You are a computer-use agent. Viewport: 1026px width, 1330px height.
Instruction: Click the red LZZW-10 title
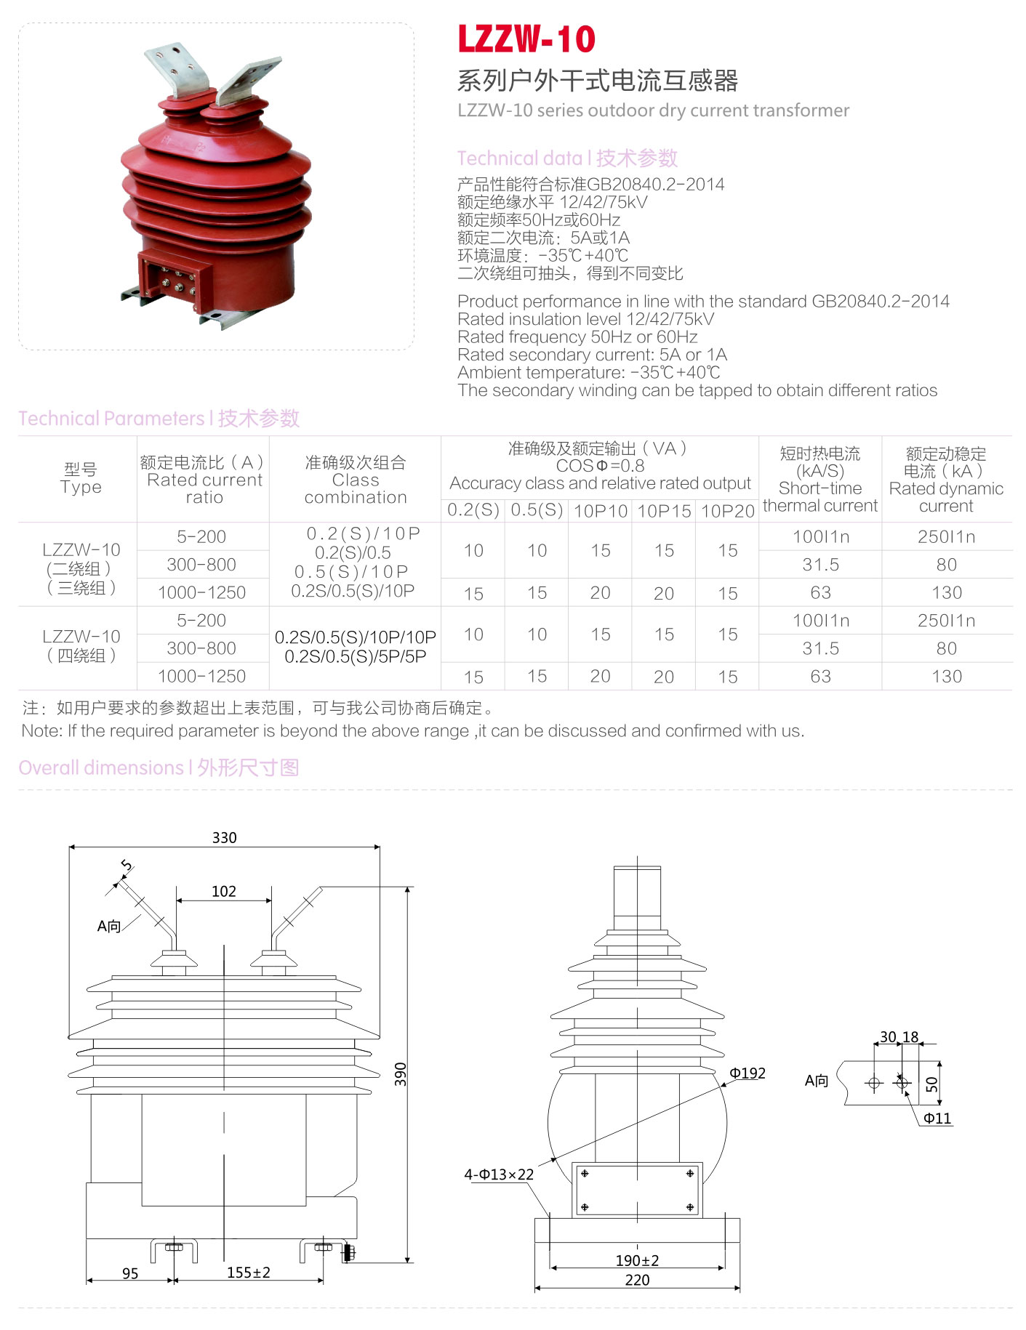point(526,39)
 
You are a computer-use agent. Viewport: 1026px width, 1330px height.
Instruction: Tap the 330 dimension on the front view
point(224,837)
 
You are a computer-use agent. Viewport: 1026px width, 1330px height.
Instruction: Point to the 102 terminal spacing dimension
point(223,891)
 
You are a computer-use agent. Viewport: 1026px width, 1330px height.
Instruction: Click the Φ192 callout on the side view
point(748,1073)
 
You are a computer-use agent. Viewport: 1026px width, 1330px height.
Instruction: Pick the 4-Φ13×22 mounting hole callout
point(499,1174)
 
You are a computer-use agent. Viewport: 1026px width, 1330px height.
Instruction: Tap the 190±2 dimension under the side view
point(637,1260)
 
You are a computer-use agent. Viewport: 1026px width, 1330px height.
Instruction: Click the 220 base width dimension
point(637,1280)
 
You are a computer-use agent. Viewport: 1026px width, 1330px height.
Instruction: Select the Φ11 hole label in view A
point(937,1119)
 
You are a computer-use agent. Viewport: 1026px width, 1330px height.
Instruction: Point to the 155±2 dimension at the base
point(248,1273)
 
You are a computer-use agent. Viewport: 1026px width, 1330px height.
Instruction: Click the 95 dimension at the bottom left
point(130,1273)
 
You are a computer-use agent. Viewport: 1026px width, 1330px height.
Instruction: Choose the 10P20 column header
point(727,511)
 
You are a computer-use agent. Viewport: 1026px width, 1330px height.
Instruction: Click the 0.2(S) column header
point(473,510)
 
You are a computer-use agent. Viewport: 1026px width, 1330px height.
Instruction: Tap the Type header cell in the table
point(81,478)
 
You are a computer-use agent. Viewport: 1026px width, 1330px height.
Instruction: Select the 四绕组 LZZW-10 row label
point(81,646)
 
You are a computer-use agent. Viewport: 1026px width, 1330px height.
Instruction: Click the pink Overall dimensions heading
point(159,767)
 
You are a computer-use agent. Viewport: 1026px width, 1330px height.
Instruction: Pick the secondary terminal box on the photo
point(175,276)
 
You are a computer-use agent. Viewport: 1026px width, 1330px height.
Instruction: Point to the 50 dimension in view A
point(931,1084)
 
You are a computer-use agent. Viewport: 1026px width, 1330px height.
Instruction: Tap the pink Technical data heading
point(567,158)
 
